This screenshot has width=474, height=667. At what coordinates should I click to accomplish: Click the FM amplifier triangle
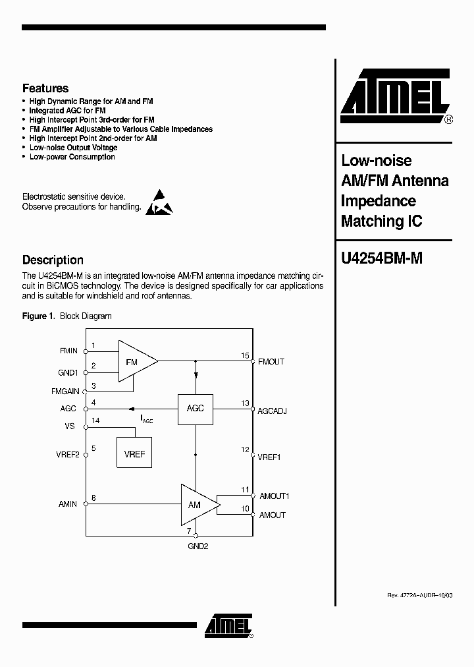click(x=135, y=361)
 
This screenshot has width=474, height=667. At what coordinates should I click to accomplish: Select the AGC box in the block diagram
click(x=196, y=409)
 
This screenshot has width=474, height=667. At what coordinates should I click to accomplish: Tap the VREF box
click(x=134, y=454)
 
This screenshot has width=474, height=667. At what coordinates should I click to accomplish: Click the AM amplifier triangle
click(x=197, y=504)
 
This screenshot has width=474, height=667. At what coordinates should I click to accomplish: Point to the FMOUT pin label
click(x=271, y=362)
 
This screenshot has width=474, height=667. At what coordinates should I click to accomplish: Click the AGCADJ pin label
click(x=273, y=411)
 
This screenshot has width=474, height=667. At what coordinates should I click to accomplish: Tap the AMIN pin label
click(x=68, y=504)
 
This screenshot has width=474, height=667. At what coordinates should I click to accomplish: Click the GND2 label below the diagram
click(x=197, y=546)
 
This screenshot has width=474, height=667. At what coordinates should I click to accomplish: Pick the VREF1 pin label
click(x=269, y=457)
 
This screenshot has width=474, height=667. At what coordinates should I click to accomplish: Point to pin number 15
click(x=245, y=356)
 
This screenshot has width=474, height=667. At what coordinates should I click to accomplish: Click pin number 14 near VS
click(x=96, y=420)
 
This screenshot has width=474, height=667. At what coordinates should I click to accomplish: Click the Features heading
click(x=45, y=88)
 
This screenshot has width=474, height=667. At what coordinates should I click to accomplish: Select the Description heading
click(x=53, y=260)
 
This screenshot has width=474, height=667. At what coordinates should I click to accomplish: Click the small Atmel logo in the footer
click(x=226, y=625)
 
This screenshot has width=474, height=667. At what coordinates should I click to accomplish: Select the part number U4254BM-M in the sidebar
click(x=381, y=259)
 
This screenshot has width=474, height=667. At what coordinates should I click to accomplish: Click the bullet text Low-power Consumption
click(x=72, y=157)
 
